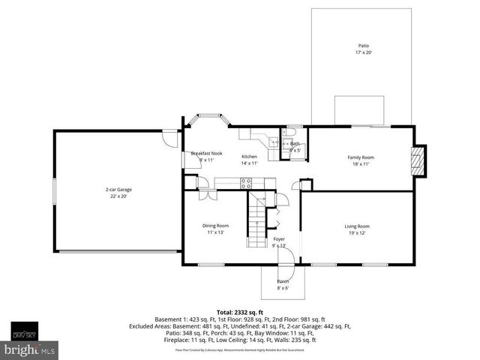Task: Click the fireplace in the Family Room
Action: tap(419, 160)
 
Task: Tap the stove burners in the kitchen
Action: tap(246, 183)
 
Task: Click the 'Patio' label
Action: tap(363, 46)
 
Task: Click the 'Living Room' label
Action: tap(357, 226)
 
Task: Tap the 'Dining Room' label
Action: tap(215, 226)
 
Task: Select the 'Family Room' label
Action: tap(360, 157)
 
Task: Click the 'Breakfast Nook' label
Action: tap(206, 153)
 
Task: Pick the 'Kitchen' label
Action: tap(249, 156)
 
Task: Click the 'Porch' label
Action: tap(283, 281)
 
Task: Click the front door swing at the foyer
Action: tap(286, 256)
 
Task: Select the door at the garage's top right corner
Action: tap(171, 138)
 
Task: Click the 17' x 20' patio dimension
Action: tap(363, 52)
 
